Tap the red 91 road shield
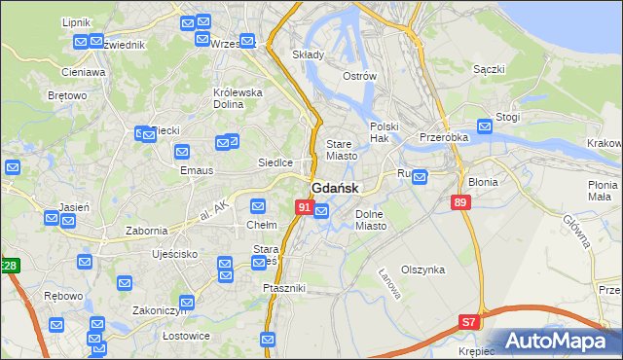(x=305, y=207)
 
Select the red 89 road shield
(x=461, y=202)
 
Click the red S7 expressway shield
(x=470, y=321)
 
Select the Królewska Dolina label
(x=238, y=98)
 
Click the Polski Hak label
(x=385, y=132)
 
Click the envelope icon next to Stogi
(x=486, y=126)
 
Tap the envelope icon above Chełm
(x=258, y=206)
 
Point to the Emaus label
(x=168, y=170)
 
